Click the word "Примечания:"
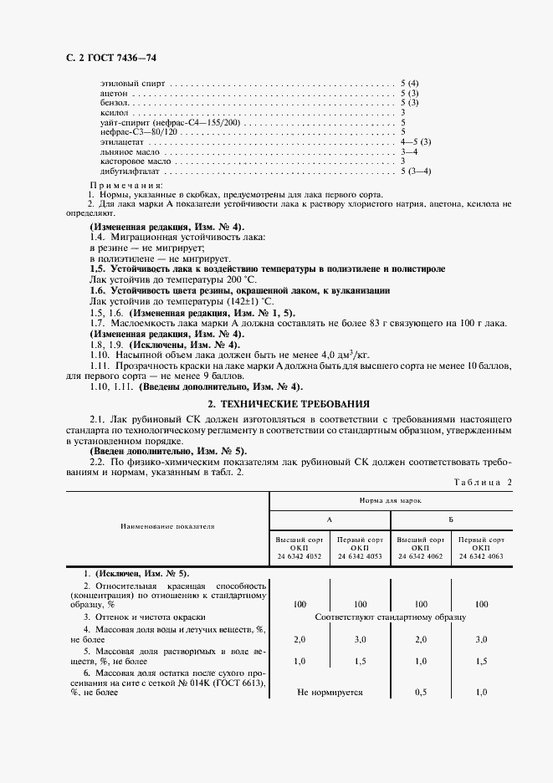point(125,184)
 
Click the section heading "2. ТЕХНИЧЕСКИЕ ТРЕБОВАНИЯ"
point(276,403)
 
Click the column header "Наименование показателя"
point(167,527)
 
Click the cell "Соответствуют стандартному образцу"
point(390,617)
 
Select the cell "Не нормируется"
point(329,693)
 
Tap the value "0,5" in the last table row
point(421,693)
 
